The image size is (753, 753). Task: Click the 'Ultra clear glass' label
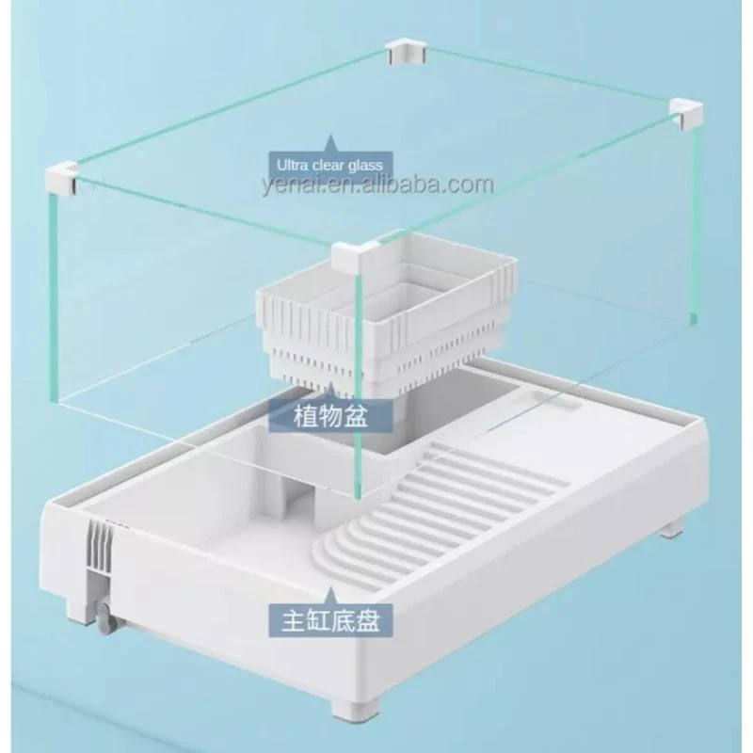coord(330,166)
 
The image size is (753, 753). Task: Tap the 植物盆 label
coord(330,416)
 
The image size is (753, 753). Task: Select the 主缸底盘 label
coord(330,620)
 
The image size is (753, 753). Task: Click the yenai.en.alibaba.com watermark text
coord(378,185)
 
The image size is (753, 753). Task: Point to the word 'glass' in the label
coord(365,166)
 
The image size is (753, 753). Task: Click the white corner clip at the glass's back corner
coord(406,53)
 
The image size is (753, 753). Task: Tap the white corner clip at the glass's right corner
coord(686,113)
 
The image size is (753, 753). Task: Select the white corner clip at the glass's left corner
coord(61,179)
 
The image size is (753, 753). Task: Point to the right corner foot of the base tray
coord(671,527)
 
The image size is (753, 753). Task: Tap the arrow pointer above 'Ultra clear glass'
coord(330,143)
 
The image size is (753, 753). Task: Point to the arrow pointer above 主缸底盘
coord(330,595)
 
